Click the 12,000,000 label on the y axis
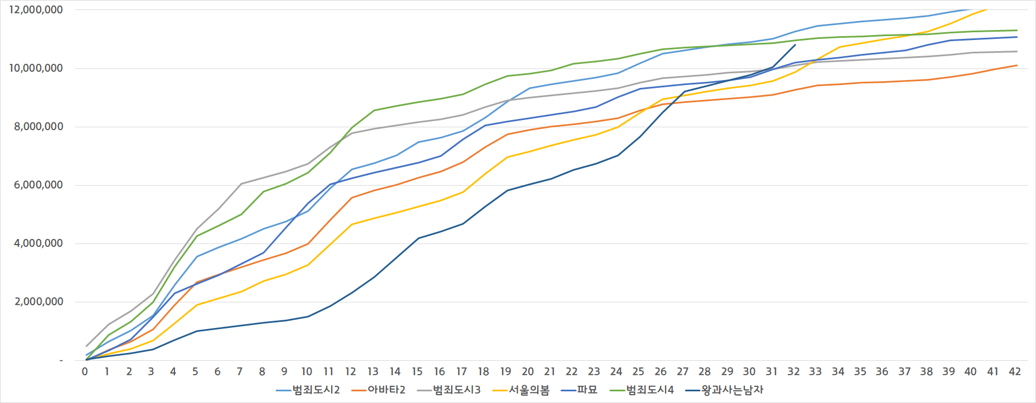coord(36,10)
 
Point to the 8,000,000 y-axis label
coord(38,127)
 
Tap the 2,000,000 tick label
coord(38,302)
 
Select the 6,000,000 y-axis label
coord(38,185)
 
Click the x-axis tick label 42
coord(1014,372)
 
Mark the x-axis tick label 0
coord(85,372)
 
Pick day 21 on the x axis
coord(549,372)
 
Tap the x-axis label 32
coord(793,372)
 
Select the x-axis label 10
coord(306,372)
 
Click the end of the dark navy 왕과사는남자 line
coord(795,45)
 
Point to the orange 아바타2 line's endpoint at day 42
coord(1017,66)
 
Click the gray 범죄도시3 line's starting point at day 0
coord(86,346)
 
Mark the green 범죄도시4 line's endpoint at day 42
coord(1017,31)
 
